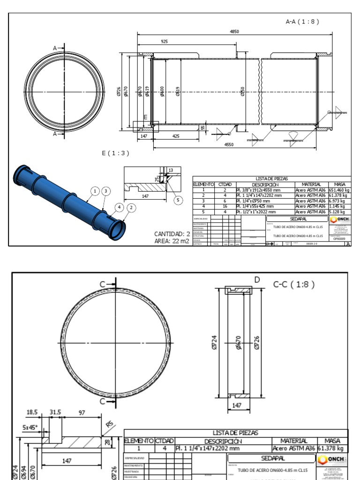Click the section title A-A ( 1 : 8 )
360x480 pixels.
(x=302, y=22)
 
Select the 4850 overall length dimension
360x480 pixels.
(x=234, y=31)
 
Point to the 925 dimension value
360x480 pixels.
(x=165, y=42)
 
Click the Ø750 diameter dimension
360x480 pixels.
(x=242, y=91)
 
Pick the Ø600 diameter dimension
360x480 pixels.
(x=162, y=91)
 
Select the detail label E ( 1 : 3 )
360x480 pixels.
(x=115, y=153)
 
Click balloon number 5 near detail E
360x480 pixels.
(x=178, y=200)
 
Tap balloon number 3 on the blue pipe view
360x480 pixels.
(x=106, y=191)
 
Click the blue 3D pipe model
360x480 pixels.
(x=66, y=197)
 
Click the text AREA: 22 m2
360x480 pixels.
(x=172, y=241)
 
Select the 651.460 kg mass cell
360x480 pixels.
(x=339, y=190)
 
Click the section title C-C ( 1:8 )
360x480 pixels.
(x=293, y=284)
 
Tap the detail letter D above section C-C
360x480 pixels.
(x=256, y=280)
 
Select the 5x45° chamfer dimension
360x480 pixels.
(x=30, y=427)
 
